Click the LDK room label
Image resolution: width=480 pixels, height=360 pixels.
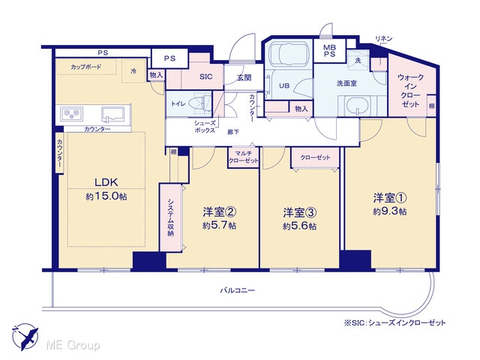[106, 182]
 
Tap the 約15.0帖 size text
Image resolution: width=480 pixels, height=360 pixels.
[106, 196]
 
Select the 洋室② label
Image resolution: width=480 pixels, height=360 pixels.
[219, 211]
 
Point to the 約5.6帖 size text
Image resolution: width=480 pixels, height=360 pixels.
[300, 226]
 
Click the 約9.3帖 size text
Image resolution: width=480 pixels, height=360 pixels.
[390, 211]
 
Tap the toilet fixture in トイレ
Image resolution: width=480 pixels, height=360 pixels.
[200, 102]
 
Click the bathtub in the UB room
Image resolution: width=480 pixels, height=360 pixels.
[287, 54]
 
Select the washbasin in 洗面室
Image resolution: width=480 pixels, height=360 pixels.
[357, 106]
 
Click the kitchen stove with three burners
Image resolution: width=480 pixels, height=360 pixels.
[72, 114]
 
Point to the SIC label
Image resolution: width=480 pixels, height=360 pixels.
[205, 76]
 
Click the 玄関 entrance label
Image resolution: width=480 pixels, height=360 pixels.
[244, 78]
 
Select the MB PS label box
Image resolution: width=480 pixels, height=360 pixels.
[330, 51]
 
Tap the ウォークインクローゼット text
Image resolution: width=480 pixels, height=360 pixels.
[410, 91]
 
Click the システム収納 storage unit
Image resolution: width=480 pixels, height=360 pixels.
[170, 217]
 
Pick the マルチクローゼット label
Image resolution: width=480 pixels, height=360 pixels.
[243, 157]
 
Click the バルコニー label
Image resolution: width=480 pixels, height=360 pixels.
[237, 290]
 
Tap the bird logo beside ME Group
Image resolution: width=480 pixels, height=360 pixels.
[25, 336]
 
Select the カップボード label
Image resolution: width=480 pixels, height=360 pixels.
[85, 67]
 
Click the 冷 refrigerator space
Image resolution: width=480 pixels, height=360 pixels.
[133, 71]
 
